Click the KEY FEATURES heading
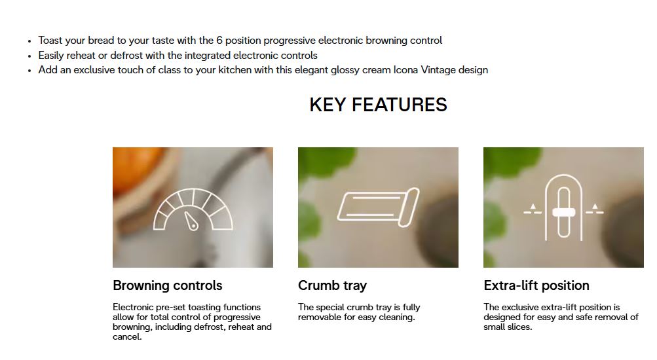(378, 105)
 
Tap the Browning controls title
(167, 285)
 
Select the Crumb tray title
(332, 285)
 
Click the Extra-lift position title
(536, 285)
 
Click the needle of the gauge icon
(190, 221)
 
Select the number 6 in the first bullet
(219, 41)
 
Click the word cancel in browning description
(126, 337)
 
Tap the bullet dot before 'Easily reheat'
(29, 56)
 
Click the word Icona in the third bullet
(405, 70)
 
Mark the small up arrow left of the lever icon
(533, 206)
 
